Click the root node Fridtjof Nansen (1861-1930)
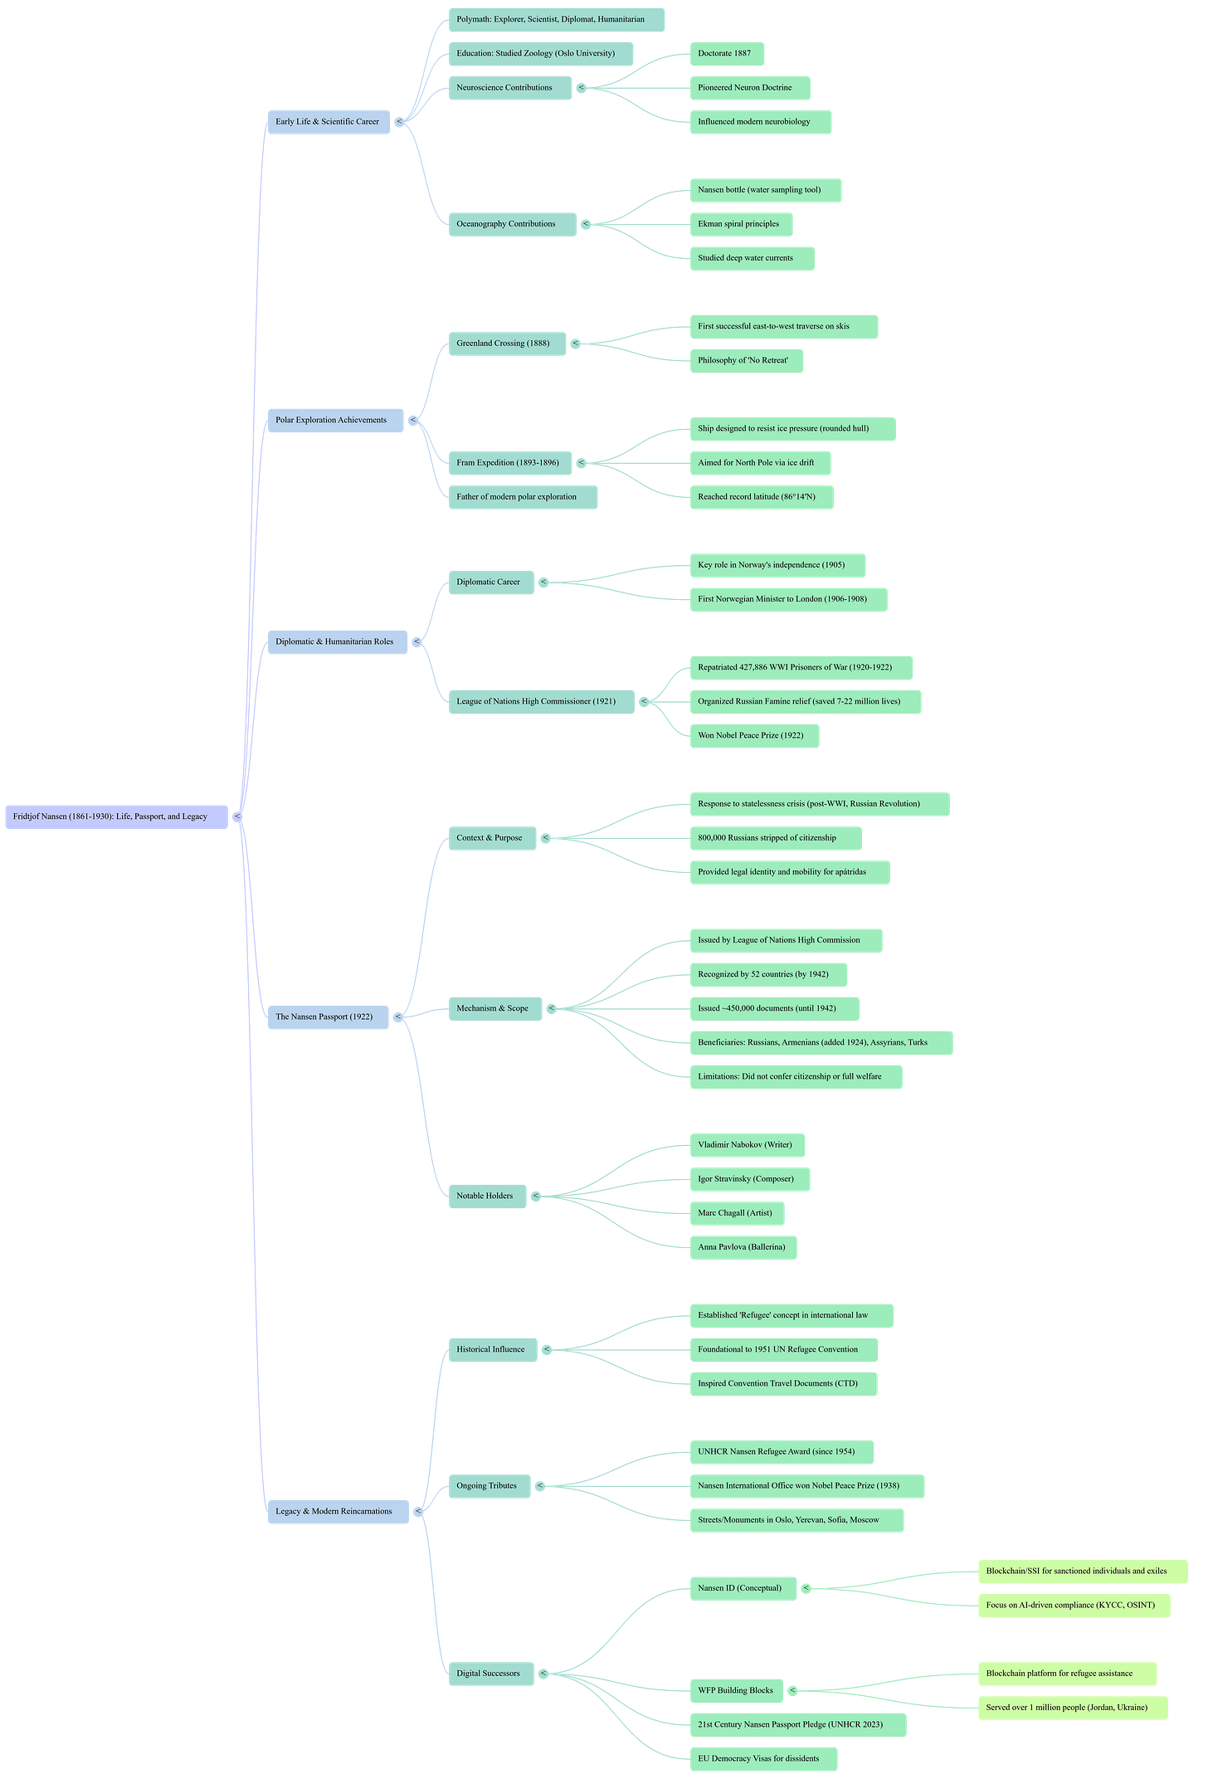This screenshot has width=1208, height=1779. coord(116,816)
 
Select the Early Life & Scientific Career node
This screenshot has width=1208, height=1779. coord(329,122)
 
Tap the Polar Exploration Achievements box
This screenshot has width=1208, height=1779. coord(335,420)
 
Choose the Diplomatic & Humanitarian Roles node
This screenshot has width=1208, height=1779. coord(337,641)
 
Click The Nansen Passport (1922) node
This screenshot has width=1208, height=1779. coord(327,1016)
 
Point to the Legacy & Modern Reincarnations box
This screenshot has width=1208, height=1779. coord(337,1511)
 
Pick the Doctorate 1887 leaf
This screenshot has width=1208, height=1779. coord(727,54)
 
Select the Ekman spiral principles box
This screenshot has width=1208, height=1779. coord(741,224)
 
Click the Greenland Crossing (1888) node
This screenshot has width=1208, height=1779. coord(506,344)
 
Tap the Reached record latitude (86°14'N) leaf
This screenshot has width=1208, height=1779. coord(760,497)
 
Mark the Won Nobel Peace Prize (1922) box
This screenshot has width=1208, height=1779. coord(753,735)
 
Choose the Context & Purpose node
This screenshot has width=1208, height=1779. coord(491,838)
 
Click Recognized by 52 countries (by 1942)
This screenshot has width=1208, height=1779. coord(767,974)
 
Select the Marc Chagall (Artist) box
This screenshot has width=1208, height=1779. coord(737,1213)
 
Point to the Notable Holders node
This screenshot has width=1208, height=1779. coord(486,1196)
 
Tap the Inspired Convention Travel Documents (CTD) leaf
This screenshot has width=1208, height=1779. coord(782,1383)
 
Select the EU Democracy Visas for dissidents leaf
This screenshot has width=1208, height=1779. coord(762,1758)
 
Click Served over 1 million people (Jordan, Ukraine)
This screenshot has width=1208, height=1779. coord(1071,1708)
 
